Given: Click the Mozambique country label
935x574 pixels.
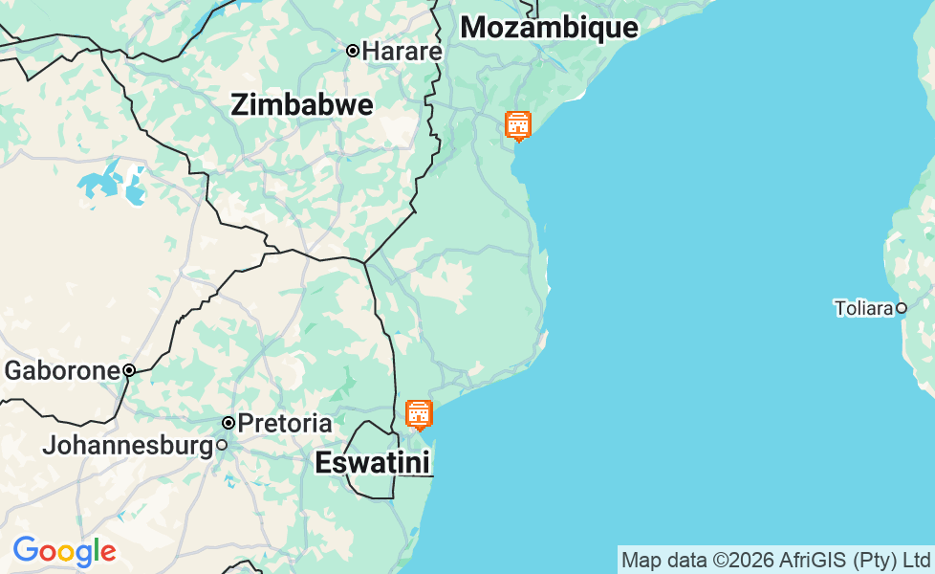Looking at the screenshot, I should (x=549, y=28).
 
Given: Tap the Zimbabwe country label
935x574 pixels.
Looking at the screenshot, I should (x=301, y=105).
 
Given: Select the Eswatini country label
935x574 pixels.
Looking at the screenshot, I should (x=373, y=463).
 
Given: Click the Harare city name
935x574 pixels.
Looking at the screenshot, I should (x=402, y=51).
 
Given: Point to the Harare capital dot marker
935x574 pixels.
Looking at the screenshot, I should (x=353, y=51).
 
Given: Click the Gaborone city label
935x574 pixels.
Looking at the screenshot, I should (x=62, y=370).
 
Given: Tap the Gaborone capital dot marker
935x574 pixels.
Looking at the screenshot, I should (x=129, y=370).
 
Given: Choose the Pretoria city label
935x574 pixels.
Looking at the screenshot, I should (x=285, y=423).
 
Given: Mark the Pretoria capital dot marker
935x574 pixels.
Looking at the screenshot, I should (x=228, y=423).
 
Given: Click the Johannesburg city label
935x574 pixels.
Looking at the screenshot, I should (x=127, y=446).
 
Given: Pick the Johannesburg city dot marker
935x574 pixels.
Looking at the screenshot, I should (x=222, y=445).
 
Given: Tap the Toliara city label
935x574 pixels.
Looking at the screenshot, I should (x=863, y=308).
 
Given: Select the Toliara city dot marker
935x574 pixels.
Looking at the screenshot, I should (x=901, y=308).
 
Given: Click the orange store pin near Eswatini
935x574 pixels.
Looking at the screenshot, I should (x=419, y=414).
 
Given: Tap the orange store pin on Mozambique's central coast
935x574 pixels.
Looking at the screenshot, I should (x=517, y=125).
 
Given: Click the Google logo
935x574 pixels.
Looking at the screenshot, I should (x=64, y=551).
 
